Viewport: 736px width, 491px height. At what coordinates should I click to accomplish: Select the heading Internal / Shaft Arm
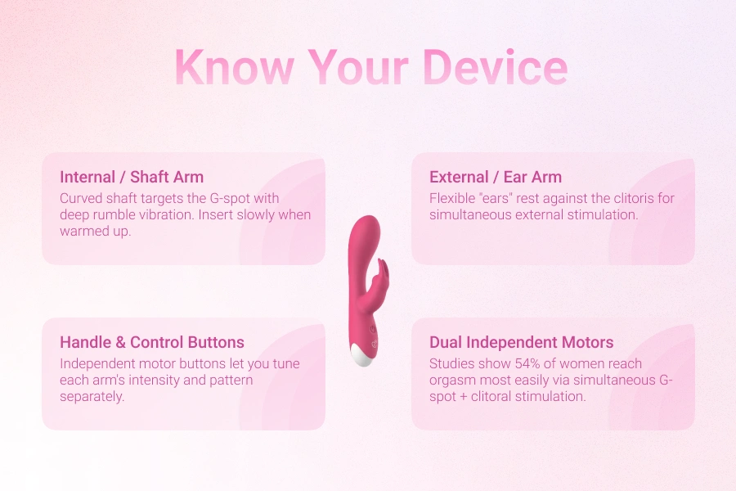132,177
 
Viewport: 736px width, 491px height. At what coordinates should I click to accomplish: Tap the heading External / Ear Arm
496,177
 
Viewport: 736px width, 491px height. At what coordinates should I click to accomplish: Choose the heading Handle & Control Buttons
152,342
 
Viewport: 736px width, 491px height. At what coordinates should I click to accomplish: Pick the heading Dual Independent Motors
521,342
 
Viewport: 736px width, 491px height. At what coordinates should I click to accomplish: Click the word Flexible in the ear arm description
453,199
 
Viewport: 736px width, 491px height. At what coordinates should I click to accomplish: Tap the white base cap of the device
363,354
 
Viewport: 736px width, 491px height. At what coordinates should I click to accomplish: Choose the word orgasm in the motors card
452,380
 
